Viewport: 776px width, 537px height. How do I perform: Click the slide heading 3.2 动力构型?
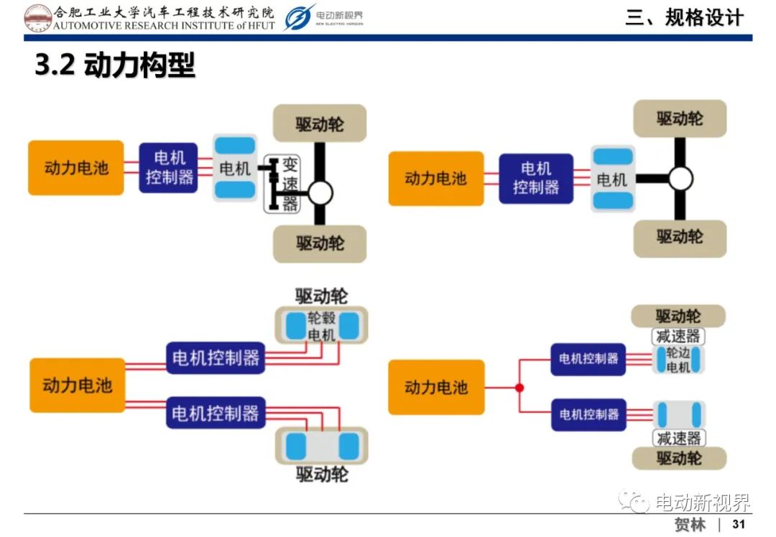coord(115,65)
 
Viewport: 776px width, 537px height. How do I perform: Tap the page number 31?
coord(739,524)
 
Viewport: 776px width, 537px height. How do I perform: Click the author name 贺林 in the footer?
coord(690,524)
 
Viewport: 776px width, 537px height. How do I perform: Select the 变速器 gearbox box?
coord(282,184)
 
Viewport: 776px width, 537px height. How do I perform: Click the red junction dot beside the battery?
coord(519,388)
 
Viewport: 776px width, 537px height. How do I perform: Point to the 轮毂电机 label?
coord(322,327)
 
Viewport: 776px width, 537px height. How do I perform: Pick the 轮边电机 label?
coord(678,360)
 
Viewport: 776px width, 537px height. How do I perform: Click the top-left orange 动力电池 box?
coord(75,167)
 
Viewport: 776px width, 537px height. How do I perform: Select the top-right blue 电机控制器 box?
coord(536,179)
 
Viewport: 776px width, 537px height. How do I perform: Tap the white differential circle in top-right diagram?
coord(680,179)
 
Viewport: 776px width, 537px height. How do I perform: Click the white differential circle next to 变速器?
coord(320,193)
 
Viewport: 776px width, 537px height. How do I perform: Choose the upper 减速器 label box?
coord(678,336)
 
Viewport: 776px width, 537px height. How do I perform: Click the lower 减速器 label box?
coord(679,438)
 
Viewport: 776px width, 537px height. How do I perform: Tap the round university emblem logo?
coord(37,18)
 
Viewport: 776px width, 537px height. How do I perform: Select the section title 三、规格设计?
coord(685,18)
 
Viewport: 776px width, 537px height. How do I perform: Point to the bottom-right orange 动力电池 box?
coord(436,387)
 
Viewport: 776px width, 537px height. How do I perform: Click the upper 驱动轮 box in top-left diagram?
coord(320,123)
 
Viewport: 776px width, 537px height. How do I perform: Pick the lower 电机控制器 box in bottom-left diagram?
coord(216,413)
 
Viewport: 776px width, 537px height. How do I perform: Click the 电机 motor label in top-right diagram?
coord(612,179)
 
